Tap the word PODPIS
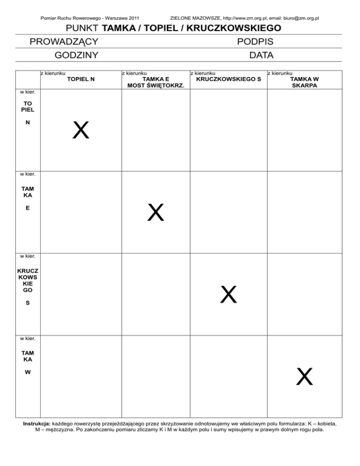(255, 42)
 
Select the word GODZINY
(76, 55)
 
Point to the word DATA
(262, 55)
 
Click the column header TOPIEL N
(81, 79)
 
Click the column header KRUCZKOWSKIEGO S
(228, 79)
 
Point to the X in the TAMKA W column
(304, 376)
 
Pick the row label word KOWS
(28, 278)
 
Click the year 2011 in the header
(132, 18)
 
